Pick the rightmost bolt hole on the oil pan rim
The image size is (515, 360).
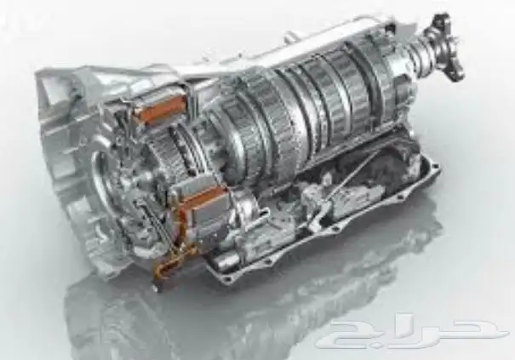tap(434, 167)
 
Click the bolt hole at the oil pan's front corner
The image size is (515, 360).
tap(225, 279)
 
